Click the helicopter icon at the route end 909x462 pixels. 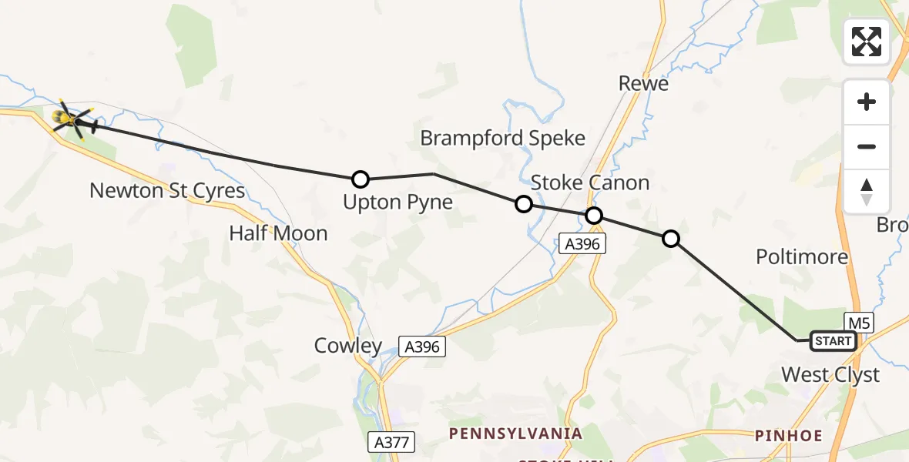click(x=74, y=120)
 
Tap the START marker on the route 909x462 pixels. click(x=833, y=341)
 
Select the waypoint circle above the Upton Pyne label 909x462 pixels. click(x=360, y=179)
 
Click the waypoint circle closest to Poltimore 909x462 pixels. click(x=671, y=239)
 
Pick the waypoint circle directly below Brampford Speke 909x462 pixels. click(x=523, y=204)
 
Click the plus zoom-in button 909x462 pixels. click(x=867, y=102)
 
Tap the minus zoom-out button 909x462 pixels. click(x=867, y=147)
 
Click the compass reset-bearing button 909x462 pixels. click(x=867, y=192)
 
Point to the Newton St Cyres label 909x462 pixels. click(x=167, y=190)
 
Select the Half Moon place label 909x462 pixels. click(x=278, y=233)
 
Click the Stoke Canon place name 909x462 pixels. click(x=590, y=182)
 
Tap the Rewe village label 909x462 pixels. click(x=644, y=83)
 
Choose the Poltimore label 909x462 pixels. click(x=802, y=256)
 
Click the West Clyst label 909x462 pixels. click(x=830, y=375)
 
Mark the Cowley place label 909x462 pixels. click(x=348, y=346)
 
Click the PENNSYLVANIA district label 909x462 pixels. click(x=516, y=434)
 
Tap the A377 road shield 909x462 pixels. click(x=392, y=442)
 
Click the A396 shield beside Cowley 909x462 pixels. click(x=422, y=346)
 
